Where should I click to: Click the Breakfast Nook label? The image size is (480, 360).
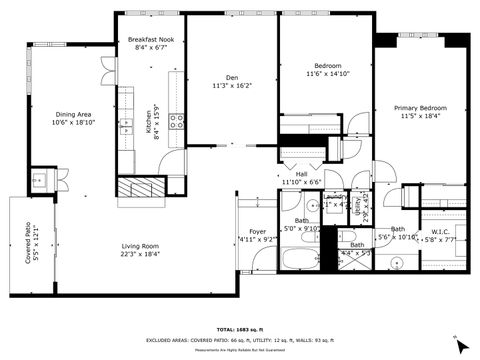[x=152, y=39]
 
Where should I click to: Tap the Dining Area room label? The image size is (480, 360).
[x=75, y=114]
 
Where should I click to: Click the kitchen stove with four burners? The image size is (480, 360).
[x=176, y=122]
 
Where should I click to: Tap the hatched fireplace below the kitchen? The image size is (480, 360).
[x=138, y=188]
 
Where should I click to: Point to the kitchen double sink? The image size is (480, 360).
[x=127, y=126]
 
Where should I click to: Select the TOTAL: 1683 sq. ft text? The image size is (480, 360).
[x=240, y=329]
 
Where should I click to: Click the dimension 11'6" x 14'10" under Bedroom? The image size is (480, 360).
[x=327, y=73]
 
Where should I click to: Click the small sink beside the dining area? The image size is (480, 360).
[x=41, y=181]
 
